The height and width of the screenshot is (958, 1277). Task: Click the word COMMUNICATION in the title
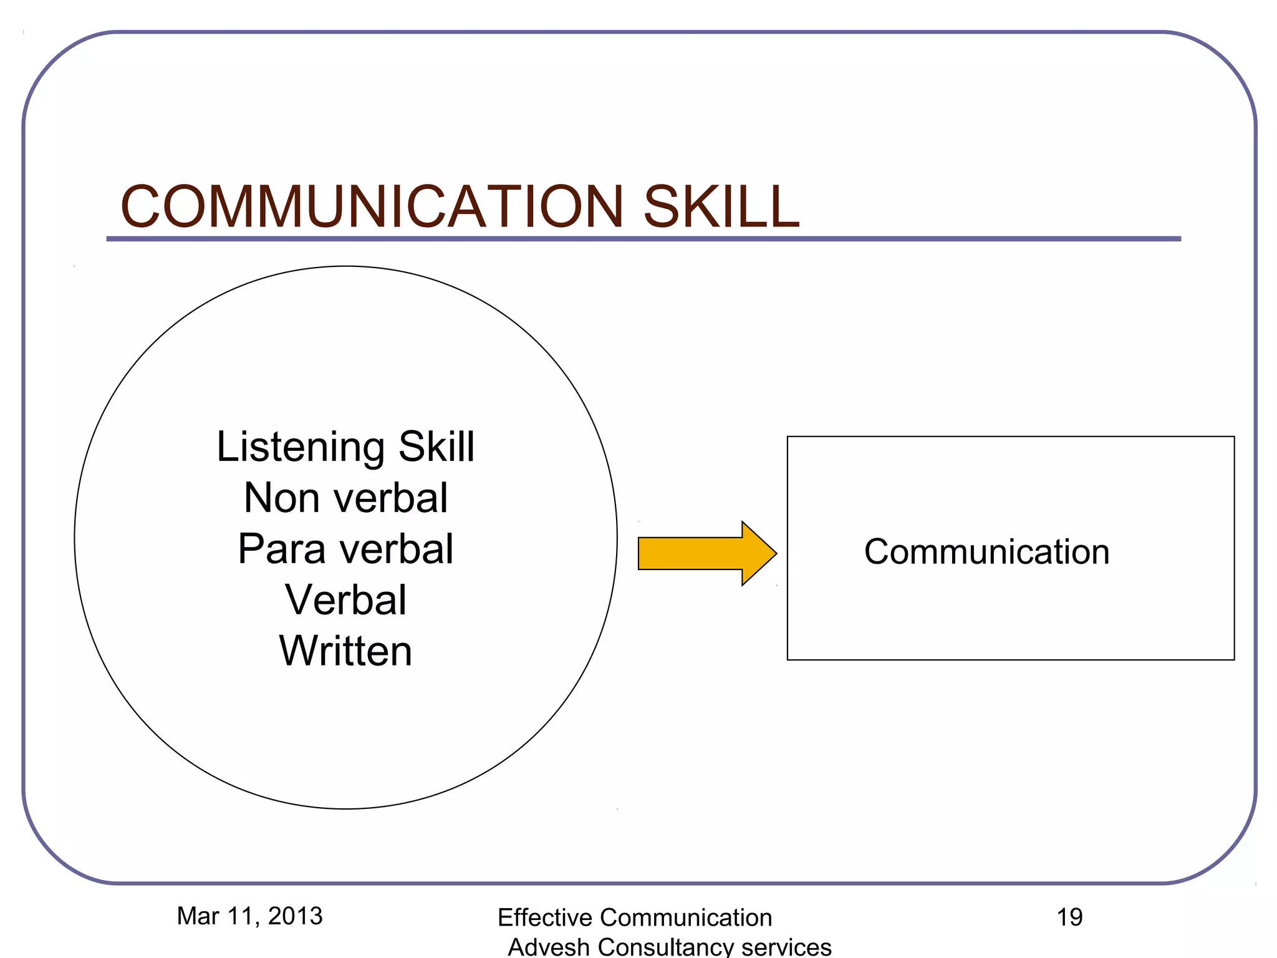372,207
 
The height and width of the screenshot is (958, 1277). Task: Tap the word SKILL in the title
721,207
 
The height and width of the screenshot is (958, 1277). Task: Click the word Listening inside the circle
301,448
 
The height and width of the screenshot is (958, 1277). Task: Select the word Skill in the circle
436,447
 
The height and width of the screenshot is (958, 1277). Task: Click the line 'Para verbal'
345,549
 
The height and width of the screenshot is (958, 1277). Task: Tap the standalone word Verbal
345,600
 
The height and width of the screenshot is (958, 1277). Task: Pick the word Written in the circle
345,651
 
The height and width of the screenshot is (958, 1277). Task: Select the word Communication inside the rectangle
986,552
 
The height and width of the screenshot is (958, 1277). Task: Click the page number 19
1069,917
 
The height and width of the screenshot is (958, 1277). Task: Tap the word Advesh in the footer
548,947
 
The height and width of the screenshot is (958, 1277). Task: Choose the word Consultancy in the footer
665,947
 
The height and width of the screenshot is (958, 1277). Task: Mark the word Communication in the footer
685,918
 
